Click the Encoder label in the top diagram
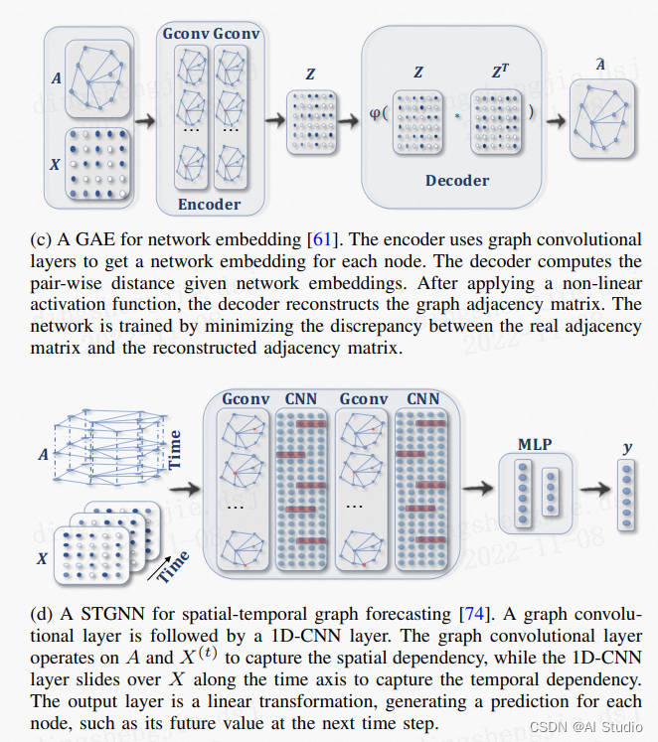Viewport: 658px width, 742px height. tap(209, 204)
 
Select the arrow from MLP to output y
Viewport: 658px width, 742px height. tap(595, 489)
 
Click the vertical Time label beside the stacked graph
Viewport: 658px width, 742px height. tap(175, 450)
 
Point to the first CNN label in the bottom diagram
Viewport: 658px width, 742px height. tap(300, 399)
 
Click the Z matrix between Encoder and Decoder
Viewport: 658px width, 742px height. tap(310, 123)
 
